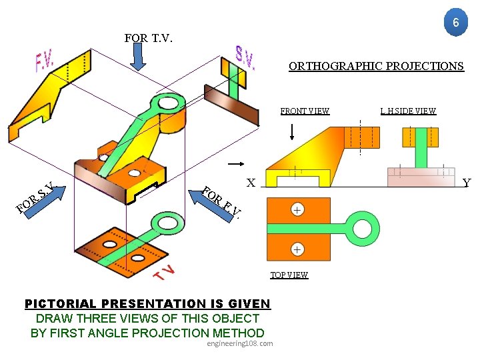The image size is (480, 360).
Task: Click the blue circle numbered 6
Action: click(455, 23)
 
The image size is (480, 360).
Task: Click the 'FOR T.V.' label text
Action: click(148, 38)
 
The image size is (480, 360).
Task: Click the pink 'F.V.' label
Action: click(45, 63)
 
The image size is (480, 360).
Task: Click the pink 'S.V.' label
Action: click(245, 58)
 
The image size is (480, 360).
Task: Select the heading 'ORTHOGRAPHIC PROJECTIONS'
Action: click(376, 66)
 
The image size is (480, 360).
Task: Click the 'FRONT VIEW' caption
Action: click(305, 111)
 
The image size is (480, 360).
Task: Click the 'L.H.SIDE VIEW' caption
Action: click(408, 111)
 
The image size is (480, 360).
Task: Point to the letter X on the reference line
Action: click(250, 182)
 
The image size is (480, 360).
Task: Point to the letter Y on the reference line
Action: click(466, 183)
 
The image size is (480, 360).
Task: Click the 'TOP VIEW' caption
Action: click(289, 275)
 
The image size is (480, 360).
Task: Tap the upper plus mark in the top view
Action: click(297, 210)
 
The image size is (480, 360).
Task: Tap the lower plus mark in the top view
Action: click(297, 249)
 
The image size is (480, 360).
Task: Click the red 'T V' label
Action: click(165, 273)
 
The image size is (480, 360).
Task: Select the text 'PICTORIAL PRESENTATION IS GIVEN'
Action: click(147, 304)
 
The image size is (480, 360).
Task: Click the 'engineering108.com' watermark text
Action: click(239, 343)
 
